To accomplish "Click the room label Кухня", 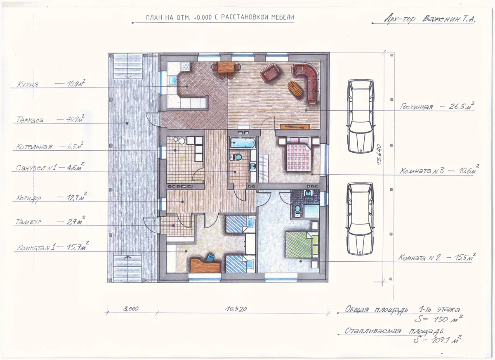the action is point(28,85).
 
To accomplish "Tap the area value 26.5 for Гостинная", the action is point(457,107).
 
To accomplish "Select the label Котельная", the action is point(34,147).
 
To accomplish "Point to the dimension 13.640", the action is point(379,154).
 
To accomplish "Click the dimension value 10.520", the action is point(236,309).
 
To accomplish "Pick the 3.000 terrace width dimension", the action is point(131,309).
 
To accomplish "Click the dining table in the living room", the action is point(226,67).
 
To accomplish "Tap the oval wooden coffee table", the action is point(295,88).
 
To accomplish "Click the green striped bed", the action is point(302,245).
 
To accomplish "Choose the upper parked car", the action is point(361,116).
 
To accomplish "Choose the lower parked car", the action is point(360,219).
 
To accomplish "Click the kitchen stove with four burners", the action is point(186,66).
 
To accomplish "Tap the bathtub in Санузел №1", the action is point(243,143).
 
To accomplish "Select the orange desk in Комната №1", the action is point(205,265).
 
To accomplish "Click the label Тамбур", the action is point(28,222).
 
